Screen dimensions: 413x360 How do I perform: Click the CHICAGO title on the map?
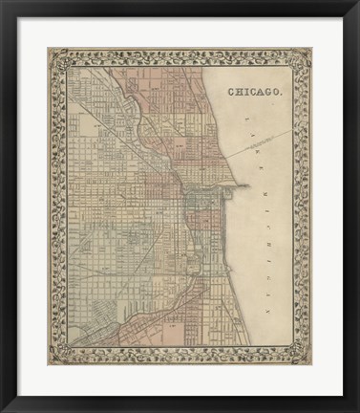(x=254, y=93)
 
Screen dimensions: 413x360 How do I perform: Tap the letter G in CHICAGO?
(x=269, y=93)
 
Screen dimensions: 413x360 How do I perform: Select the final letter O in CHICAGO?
(x=277, y=93)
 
